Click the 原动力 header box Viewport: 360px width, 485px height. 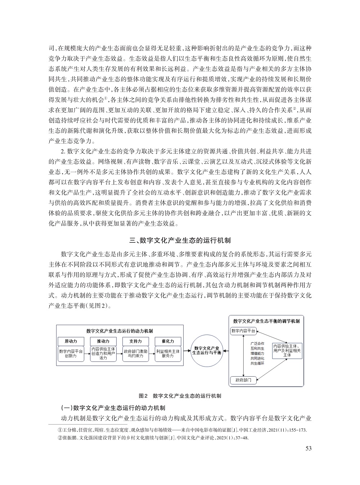click(x=71, y=341)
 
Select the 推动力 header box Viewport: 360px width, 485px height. click(x=103, y=341)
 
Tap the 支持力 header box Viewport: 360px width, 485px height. click(x=135, y=341)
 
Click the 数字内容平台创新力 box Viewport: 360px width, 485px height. click(x=71, y=354)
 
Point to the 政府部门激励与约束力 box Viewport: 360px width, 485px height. click(x=135, y=354)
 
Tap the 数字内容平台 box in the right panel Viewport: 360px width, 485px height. click(x=243, y=331)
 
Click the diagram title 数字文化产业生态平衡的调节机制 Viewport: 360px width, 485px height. click(x=266, y=320)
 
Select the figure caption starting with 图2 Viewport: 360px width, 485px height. click(x=180, y=396)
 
